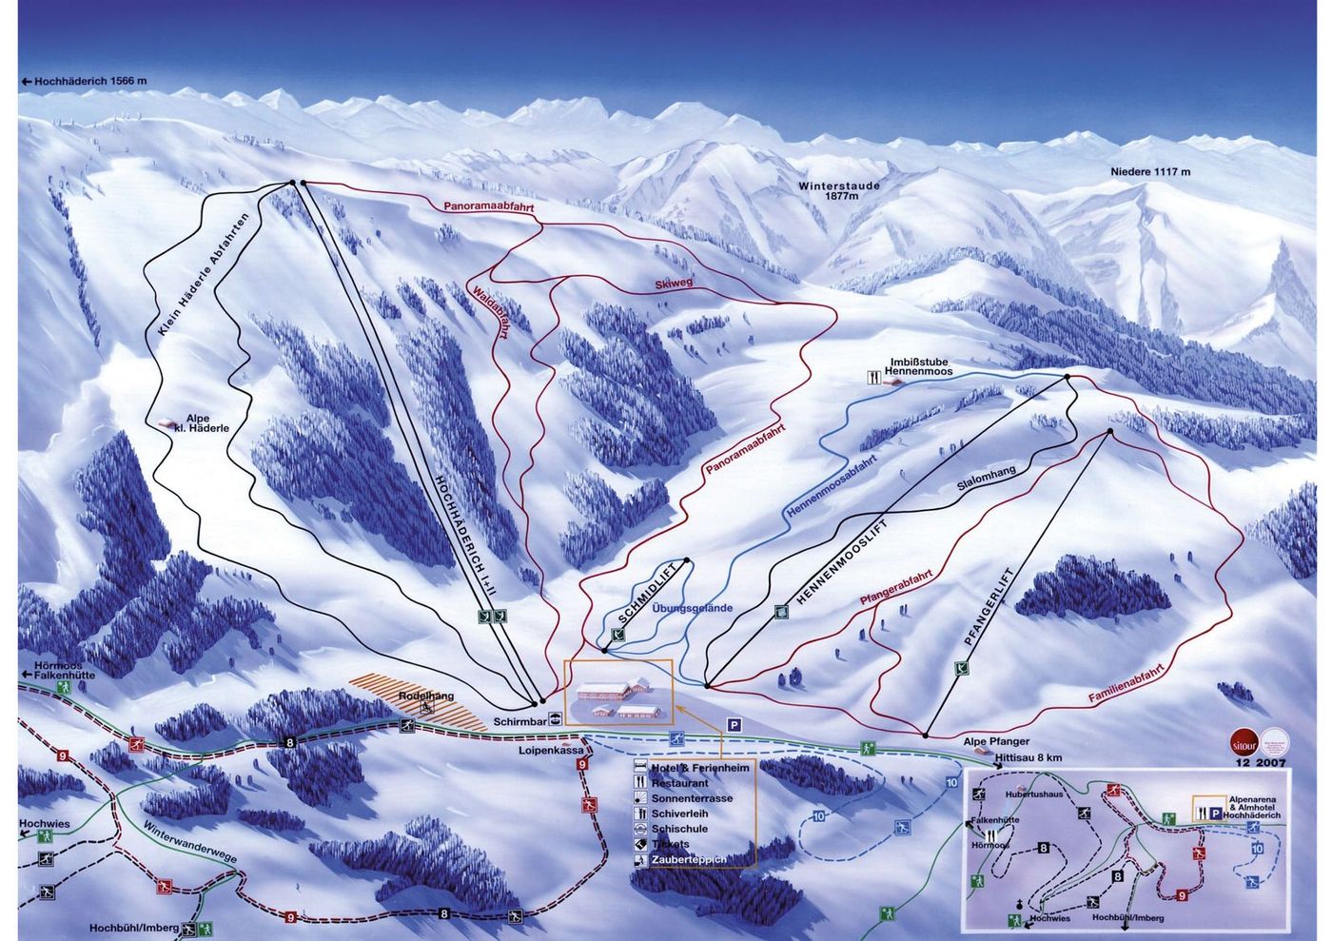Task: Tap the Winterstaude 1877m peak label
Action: pos(839,191)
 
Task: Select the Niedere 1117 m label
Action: pos(1150,172)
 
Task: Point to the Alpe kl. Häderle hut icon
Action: pos(170,424)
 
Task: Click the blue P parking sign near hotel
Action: pos(734,724)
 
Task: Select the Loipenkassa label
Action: pos(551,750)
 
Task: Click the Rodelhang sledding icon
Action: pos(427,707)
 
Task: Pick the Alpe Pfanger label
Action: pos(996,741)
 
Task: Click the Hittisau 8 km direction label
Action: pos(1028,758)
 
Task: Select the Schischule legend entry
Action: pos(677,829)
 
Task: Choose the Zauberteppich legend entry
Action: pos(688,859)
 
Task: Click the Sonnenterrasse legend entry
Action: pos(691,798)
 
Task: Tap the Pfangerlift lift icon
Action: pos(962,669)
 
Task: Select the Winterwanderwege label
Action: pos(190,842)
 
